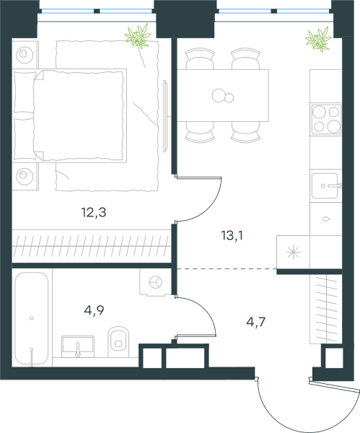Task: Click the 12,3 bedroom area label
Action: pos(94,213)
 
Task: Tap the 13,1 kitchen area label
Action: pos(232,235)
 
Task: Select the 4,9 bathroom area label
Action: pos(94,310)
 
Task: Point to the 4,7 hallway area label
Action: pos(256,322)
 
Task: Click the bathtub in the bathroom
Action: pos(32,318)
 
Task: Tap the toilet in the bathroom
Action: pos(118,342)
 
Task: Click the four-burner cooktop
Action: pos(326,119)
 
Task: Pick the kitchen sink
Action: pos(326,185)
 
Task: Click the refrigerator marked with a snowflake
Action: pos(293,252)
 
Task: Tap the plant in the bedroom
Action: pos(138,36)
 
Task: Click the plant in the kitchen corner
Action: pos(318,39)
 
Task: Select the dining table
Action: pos(222,95)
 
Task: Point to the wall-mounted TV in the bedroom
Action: pos(166,116)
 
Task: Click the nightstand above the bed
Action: pos(25,54)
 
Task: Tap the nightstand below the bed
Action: pos(25,176)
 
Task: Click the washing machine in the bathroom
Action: pos(156,282)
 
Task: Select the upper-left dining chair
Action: pos(200,59)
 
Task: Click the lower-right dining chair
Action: pos(245,132)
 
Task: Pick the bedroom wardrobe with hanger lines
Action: pos(91,246)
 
